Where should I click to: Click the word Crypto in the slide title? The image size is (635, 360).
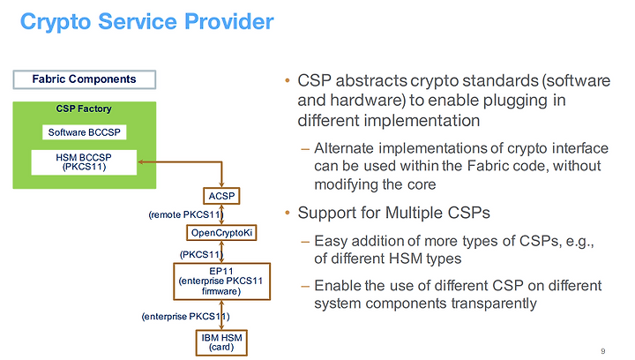pyautogui.click(x=56, y=22)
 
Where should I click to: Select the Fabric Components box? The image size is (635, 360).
pyautogui.click(x=85, y=79)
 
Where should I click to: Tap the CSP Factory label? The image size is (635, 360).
pyautogui.click(x=84, y=109)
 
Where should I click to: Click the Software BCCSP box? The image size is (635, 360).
pyautogui.click(x=85, y=132)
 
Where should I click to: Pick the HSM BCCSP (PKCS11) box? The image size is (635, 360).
pyautogui.click(x=84, y=162)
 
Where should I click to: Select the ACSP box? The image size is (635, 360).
pyautogui.click(x=221, y=196)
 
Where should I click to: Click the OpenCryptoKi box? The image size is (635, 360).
pyautogui.click(x=221, y=233)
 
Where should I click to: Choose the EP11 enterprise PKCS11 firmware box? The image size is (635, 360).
pyautogui.click(x=221, y=281)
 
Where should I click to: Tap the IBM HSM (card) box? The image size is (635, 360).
pyautogui.click(x=221, y=342)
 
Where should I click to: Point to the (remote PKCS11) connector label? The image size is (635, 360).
pyautogui.click(x=186, y=214)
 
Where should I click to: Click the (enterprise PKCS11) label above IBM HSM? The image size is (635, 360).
pyautogui.click(x=185, y=316)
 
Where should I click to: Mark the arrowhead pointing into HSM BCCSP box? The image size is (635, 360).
pyautogui.click(x=141, y=162)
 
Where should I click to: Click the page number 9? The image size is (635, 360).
pyautogui.click(x=603, y=351)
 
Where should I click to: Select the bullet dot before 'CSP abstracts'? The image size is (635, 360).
pyautogui.click(x=288, y=80)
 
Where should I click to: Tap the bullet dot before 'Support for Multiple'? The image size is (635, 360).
pyautogui.click(x=288, y=213)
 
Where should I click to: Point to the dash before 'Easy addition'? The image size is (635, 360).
pyautogui.click(x=305, y=242)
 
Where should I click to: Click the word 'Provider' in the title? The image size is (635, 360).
pyautogui.click(x=229, y=22)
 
